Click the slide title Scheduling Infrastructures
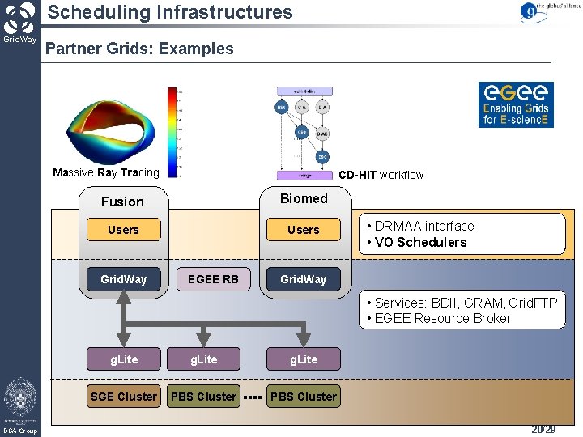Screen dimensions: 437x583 pyautogui.click(x=169, y=12)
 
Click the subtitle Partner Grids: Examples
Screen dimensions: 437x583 pyautogui.click(x=139, y=49)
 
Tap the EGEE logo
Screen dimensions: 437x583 pyautogui.click(x=515, y=104)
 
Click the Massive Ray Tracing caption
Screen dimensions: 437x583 pyautogui.click(x=106, y=172)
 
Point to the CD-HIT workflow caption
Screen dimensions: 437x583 pyautogui.click(x=381, y=175)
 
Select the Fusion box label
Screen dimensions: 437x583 pyautogui.click(x=122, y=202)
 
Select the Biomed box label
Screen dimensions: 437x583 pyautogui.click(x=304, y=198)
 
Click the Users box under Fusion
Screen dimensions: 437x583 pyautogui.click(x=123, y=230)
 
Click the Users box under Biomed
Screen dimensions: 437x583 pyautogui.click(x=304, y=230)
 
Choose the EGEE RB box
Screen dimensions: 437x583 pyautogui.click(x=213, y=279)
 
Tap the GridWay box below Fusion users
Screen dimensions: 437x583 pyautogui.click(x=123, y=279)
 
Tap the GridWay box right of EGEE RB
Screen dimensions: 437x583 pyautogui.click(x=304, y=279)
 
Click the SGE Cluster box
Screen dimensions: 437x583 pyautogui.click(x=124, y=397)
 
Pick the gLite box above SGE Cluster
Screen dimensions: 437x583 pyautogui.click(x=124, y=359)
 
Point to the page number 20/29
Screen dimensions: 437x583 pyautogui.click(x=543, y=430)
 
